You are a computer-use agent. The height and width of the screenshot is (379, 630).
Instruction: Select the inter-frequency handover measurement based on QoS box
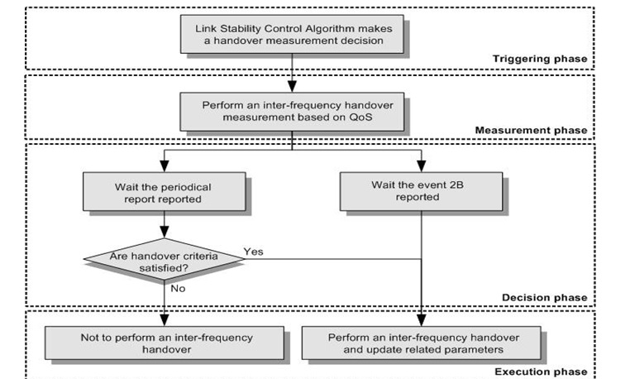(292, 111)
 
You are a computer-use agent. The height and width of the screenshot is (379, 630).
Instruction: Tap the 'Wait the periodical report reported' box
(165, 192)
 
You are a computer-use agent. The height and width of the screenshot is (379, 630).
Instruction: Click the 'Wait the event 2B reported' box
(422, 192)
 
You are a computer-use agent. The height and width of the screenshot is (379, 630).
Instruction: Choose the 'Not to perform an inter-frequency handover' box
(165, 343)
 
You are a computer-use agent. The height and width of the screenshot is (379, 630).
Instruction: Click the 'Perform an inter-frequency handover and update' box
(422, 343)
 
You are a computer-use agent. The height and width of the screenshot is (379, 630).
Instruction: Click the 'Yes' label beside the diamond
(253, 251)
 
